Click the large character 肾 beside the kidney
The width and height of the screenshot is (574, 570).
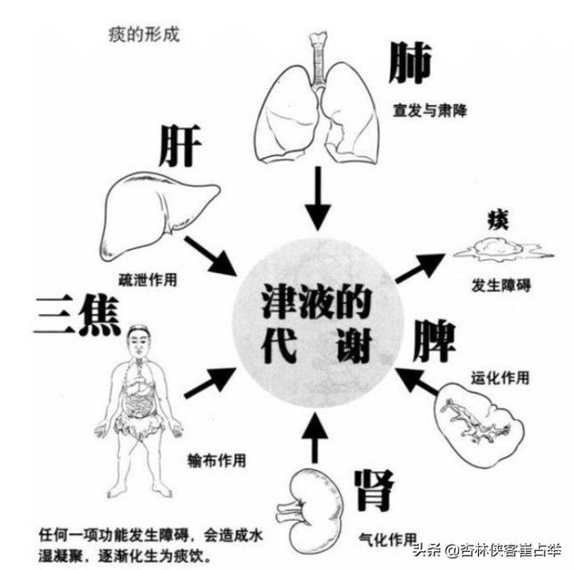373,491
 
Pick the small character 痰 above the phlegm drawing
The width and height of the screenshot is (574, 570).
498,219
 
